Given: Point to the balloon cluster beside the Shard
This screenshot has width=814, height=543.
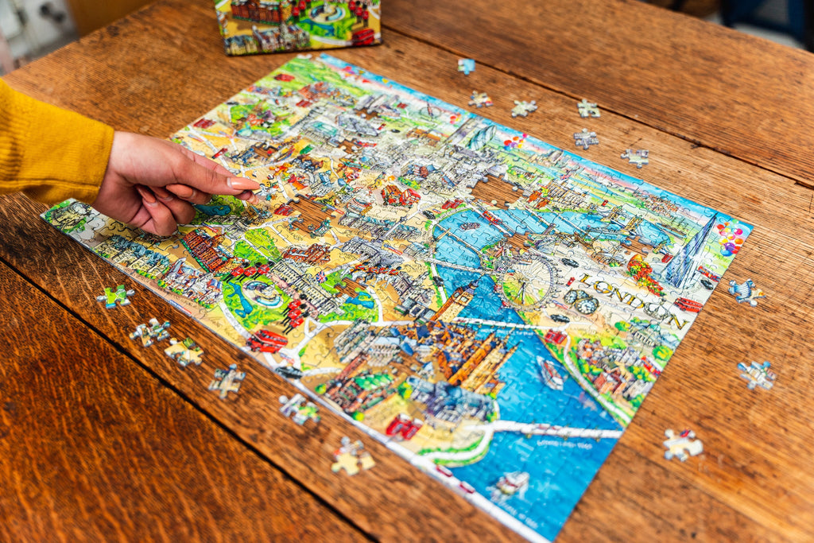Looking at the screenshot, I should click(x=731, y=236).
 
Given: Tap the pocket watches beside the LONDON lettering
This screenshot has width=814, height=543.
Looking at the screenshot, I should click(x=581, y=301).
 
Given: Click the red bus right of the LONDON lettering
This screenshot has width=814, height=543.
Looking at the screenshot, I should click(x=688, y=304).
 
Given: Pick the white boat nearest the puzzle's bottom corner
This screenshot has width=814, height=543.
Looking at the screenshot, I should click(x=510, y=483).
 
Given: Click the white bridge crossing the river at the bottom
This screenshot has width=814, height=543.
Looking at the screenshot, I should click(x=556, y=430).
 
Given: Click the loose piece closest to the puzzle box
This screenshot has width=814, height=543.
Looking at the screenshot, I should click(x=466, y=66).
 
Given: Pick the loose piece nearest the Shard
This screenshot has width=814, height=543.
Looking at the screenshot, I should click(x=746, y=292).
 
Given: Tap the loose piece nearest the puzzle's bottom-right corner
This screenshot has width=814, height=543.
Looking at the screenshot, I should click(x=682, y=444).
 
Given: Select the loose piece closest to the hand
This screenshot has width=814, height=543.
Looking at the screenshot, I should click(x=115, y=297).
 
